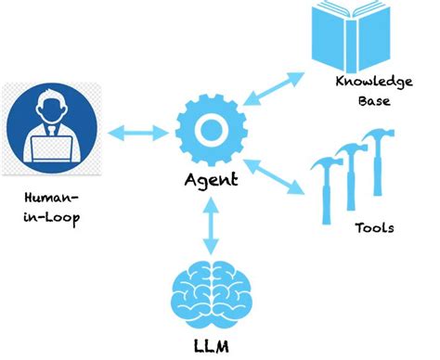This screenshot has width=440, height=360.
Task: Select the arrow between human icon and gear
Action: click(x=131, y=134)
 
